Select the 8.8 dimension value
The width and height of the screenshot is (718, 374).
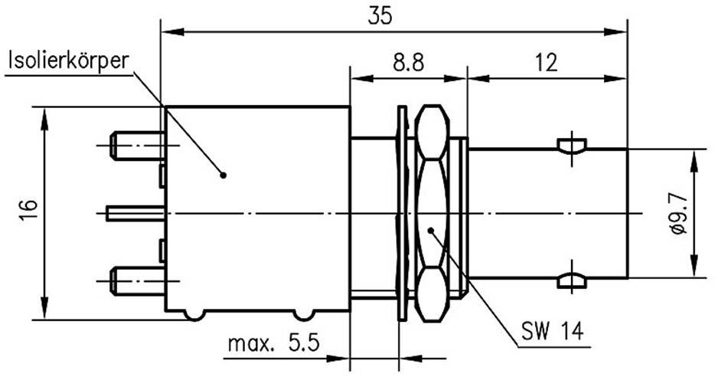pos(407,63)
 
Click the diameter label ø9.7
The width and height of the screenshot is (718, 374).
pos(676,215)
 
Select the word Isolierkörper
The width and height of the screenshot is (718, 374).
pos(67,61)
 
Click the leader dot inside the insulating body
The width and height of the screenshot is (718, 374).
pos(223,175)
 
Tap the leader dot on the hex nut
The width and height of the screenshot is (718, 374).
pos(432,228)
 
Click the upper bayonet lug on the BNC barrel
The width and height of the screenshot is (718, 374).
pos(572,146)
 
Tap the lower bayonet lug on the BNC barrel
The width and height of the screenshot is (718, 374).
pos(572,281)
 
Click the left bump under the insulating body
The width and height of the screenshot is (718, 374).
pos(194,314)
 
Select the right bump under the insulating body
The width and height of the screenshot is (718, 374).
pos(304,314)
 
